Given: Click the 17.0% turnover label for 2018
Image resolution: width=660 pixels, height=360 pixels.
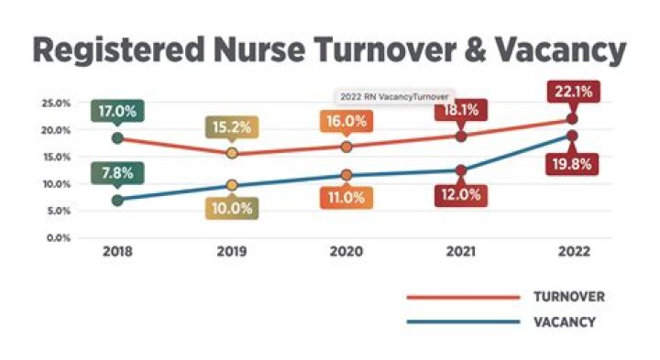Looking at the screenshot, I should click(116, 112).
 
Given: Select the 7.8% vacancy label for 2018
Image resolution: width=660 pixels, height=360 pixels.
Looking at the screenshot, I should click(116, 170).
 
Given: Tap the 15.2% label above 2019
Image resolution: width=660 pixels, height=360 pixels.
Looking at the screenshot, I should click(232, 127).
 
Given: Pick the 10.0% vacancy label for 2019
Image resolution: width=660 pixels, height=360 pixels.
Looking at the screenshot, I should click(232, 208).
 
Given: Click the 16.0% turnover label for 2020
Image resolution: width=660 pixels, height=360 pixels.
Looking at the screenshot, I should click(346, 121).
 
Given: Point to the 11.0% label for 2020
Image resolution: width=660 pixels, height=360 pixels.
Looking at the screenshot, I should click(346, 197).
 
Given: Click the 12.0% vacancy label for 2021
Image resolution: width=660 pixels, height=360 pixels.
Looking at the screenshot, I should click(460, 194).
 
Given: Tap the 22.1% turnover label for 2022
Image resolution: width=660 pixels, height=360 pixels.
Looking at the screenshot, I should click(574, 92).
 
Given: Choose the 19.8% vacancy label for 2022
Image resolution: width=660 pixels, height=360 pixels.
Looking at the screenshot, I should click(574, 165).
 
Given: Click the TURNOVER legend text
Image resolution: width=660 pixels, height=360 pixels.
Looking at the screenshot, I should click(565, 297).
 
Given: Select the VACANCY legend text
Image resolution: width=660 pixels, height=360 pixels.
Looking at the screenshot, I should click(563, 322).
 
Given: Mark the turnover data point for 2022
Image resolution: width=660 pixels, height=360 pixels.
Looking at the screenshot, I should click(574, 118).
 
